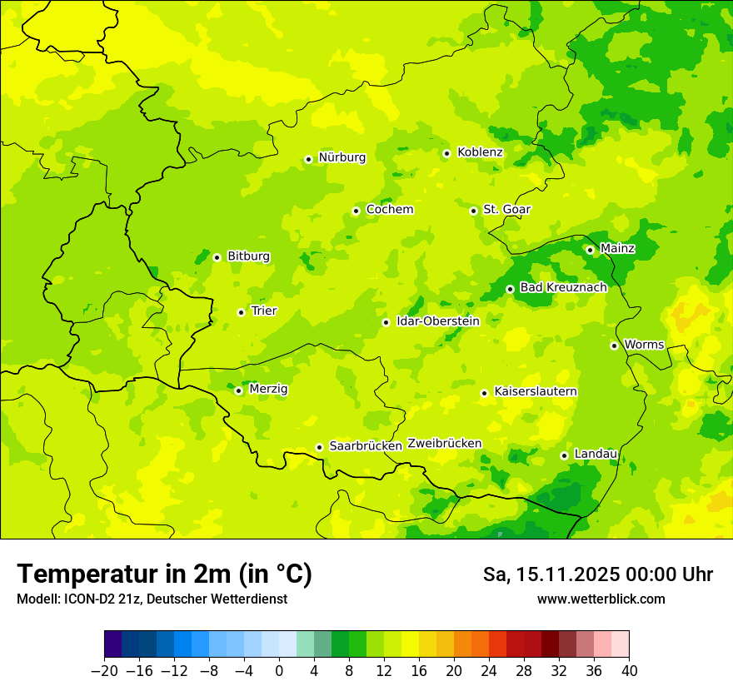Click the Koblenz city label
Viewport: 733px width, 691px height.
click(480, 152)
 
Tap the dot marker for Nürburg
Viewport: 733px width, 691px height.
click(308, 159)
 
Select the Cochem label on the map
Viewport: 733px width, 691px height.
click(390, 210)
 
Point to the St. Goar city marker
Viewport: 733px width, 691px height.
click(473, 211)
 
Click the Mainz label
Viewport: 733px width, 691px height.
click(617, 249)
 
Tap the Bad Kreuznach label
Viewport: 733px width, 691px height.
click(563, 288)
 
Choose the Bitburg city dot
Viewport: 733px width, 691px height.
click(217, 257)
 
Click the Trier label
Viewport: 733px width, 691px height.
click(264, 311)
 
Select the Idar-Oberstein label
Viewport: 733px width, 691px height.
click(438, 321)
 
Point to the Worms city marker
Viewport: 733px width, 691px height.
click(614, 345)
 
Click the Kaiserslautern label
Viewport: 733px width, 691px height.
click(536, 392)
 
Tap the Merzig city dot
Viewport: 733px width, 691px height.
click(238, 390)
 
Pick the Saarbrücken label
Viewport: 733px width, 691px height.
click(366, 446)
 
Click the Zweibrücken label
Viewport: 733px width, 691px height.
click(445, 444)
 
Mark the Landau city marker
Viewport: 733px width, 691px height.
click(564, 455)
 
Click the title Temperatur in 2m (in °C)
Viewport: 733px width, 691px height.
click(164, 574)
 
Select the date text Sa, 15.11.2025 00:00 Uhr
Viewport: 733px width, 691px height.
click(598, 575)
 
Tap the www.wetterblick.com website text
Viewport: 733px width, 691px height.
click(601, 599)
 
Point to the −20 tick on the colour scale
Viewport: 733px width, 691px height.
click(104, 671)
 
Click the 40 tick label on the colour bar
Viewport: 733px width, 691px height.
click(629, 671)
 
